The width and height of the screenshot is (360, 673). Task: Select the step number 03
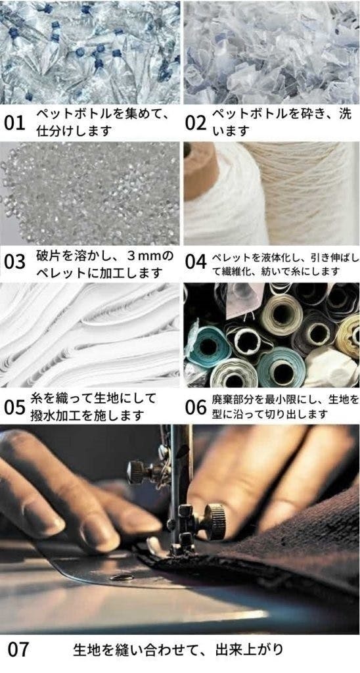click(x=14, y=262)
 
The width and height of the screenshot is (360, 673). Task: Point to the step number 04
click(x=196, y=262)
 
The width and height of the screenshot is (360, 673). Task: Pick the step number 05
click(x=14, y=407)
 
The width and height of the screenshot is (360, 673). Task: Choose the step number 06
click(x=196, y=407)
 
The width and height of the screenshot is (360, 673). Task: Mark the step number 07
click(x=18, y=649)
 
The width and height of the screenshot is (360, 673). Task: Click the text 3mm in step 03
click(x=145, y=256)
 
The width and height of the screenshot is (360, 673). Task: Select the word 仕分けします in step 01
click(x=74, y=131)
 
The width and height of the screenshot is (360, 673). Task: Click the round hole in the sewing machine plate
click(x=122, y=578)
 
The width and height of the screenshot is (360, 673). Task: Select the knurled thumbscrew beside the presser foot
click(x=215, y=521)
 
